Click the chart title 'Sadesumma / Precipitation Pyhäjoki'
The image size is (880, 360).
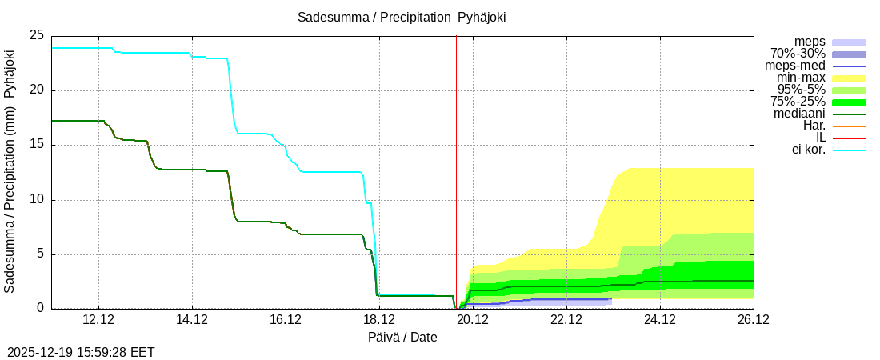coord(402,17)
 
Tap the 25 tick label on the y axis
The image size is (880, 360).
coord(37,36)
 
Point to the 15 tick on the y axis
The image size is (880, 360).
coord(37,145)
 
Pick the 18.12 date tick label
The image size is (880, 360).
coord(379,320)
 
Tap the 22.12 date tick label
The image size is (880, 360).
coord(566,320)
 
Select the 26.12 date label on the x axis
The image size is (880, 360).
coord(754,320)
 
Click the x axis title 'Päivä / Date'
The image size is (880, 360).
coord(402,337)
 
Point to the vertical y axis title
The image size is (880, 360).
coord(10,171)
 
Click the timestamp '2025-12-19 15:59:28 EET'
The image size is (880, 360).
coord(81,352)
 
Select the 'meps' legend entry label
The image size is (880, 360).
coord(810,42)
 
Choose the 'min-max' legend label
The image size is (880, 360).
coord(801,78)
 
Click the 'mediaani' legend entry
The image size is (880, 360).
coord(799,114)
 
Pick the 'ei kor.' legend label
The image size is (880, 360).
coord(808,150)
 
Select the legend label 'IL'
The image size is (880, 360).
coord(820,138)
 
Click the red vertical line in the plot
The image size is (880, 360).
coord(456,160)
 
